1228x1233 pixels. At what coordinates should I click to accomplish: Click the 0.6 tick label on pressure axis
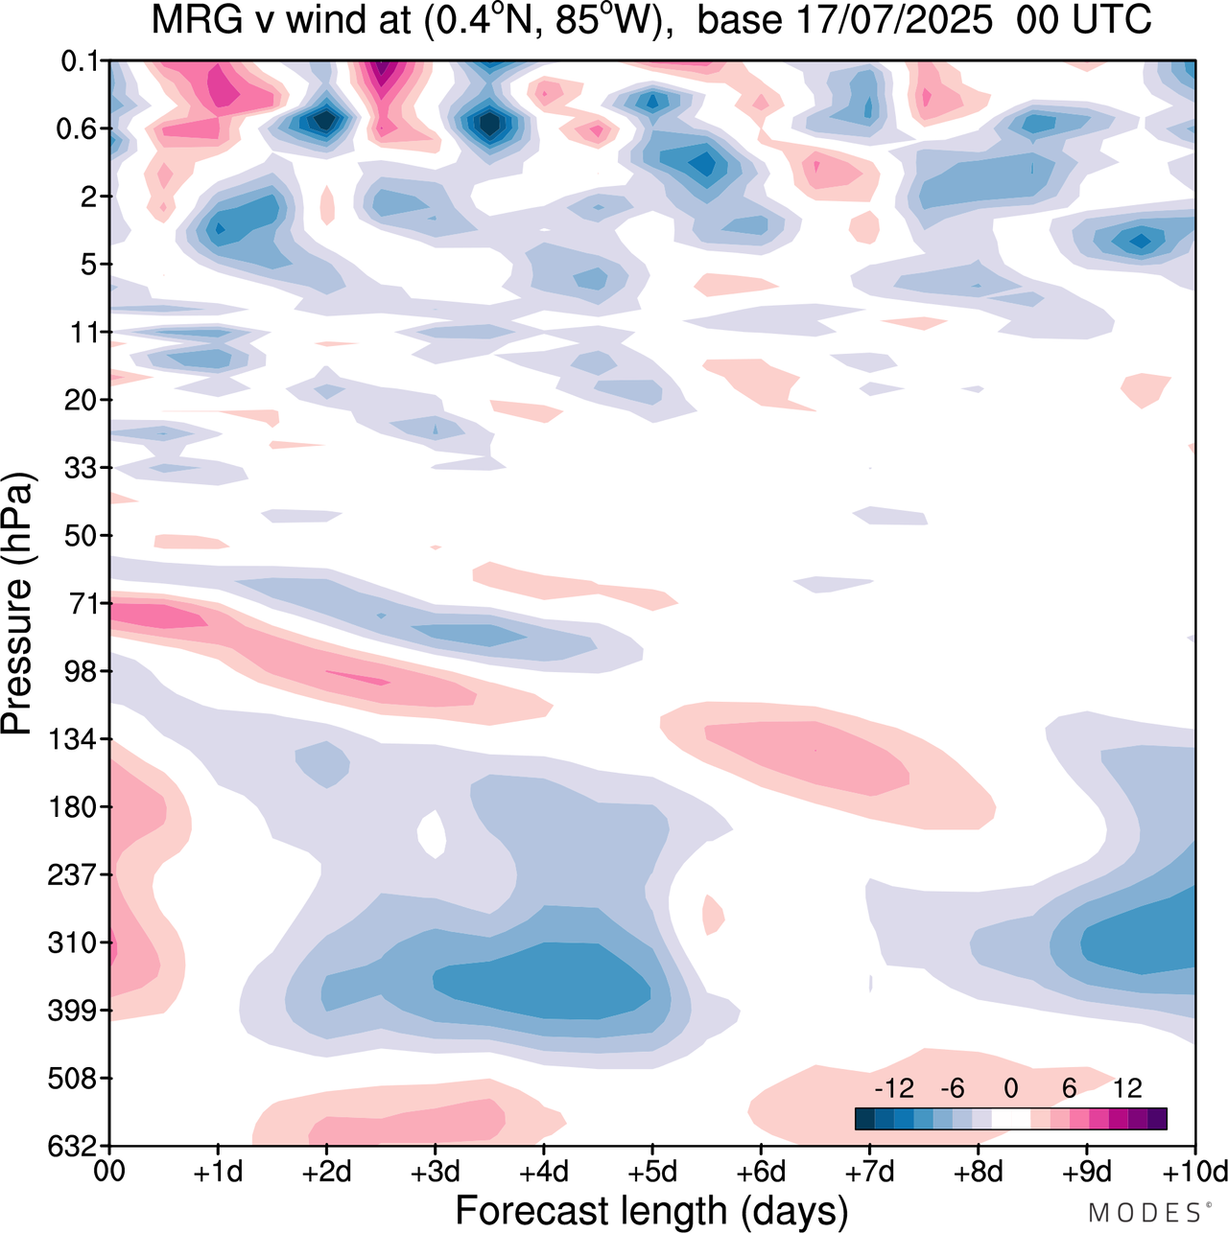coord(78,128)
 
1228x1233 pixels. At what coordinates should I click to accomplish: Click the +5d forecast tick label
coord(652,1172)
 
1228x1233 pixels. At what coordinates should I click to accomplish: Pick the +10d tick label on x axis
coord(1195,1172)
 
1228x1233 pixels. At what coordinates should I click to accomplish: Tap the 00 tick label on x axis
coord(109,1172)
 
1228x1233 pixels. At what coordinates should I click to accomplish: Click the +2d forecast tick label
coord(326,1172)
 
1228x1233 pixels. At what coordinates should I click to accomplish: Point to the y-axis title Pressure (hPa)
coord(17,604)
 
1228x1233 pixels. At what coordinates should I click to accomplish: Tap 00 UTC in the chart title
coord(1083,19)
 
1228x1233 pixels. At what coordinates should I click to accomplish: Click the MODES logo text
coord(1145,1214)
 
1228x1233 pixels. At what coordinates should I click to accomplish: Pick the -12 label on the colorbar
coord(893,1088)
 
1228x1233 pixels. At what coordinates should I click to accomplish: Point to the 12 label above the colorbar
coord(1127,1088)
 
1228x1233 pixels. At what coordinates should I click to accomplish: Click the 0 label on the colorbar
coord(1010,1088)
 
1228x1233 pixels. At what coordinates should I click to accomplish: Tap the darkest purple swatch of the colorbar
coord(1157,1119)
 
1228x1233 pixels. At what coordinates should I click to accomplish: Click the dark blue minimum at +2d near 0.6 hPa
coord(325,121)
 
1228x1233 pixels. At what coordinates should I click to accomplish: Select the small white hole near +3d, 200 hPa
coord(433,834)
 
